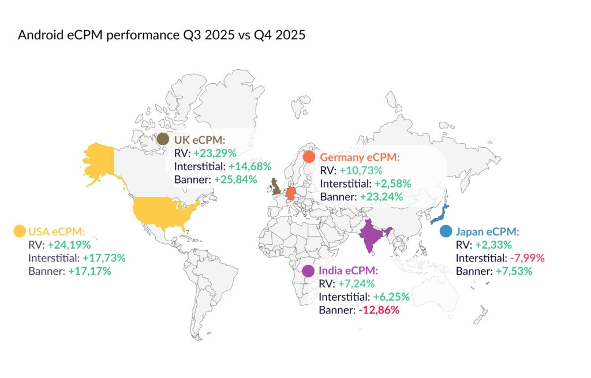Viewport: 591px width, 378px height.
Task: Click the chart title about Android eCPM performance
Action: [x=162, y=35]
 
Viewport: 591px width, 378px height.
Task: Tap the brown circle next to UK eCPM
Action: [x=163, y=140]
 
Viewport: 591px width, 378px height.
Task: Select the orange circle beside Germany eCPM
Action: [x=309, y=157]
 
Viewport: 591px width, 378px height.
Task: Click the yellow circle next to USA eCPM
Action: [x=19, y=231]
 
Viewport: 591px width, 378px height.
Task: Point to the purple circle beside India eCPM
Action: [x=308, y=271]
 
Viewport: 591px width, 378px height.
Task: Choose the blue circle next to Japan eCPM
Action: [x=446, y=231]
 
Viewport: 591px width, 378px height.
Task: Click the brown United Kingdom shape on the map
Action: [x=276, y=187]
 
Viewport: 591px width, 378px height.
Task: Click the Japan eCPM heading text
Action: [x=487, y=231]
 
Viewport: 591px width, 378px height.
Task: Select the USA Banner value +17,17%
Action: [x=89, y=271]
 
